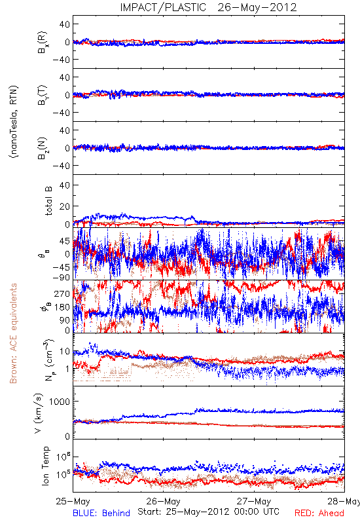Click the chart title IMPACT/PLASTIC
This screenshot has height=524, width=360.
pyautogui.click(x=163, y=7)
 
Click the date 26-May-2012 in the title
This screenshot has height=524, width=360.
pyautogui.click(x=257, y=7)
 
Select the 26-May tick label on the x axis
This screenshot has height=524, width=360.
pyautogui.click(x=163, y=501)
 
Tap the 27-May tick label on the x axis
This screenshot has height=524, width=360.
pyautogui.click(x=254, y=501)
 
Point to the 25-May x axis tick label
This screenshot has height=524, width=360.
pyautogui.click(x=73, y=501)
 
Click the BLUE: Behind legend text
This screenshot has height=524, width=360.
pyautogui.click(x=101, y=513)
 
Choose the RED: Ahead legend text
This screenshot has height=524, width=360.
pyautogui.click(x=319, y=513)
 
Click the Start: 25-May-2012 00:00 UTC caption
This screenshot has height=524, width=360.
pyautogui.click(x=208, y=512)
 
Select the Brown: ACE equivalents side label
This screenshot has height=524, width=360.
pyautogui.click(x=13, y=333)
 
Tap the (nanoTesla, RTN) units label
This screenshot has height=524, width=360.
pyautogui.click(x=14, y=122)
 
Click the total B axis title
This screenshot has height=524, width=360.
pyautogui.click(x=48, y=201)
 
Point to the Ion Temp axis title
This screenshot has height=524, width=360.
pyautogui.click(x=46, y=466)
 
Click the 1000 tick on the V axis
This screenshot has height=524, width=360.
pyautogui.click(x=60, y=402)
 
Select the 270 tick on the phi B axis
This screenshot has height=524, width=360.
pyautogui.click(x=62, y=293)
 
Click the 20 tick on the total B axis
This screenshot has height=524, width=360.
pyautogui.click(x=65, y=206)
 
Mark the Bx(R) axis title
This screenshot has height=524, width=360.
pyautogui.click(x=43, y=42)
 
